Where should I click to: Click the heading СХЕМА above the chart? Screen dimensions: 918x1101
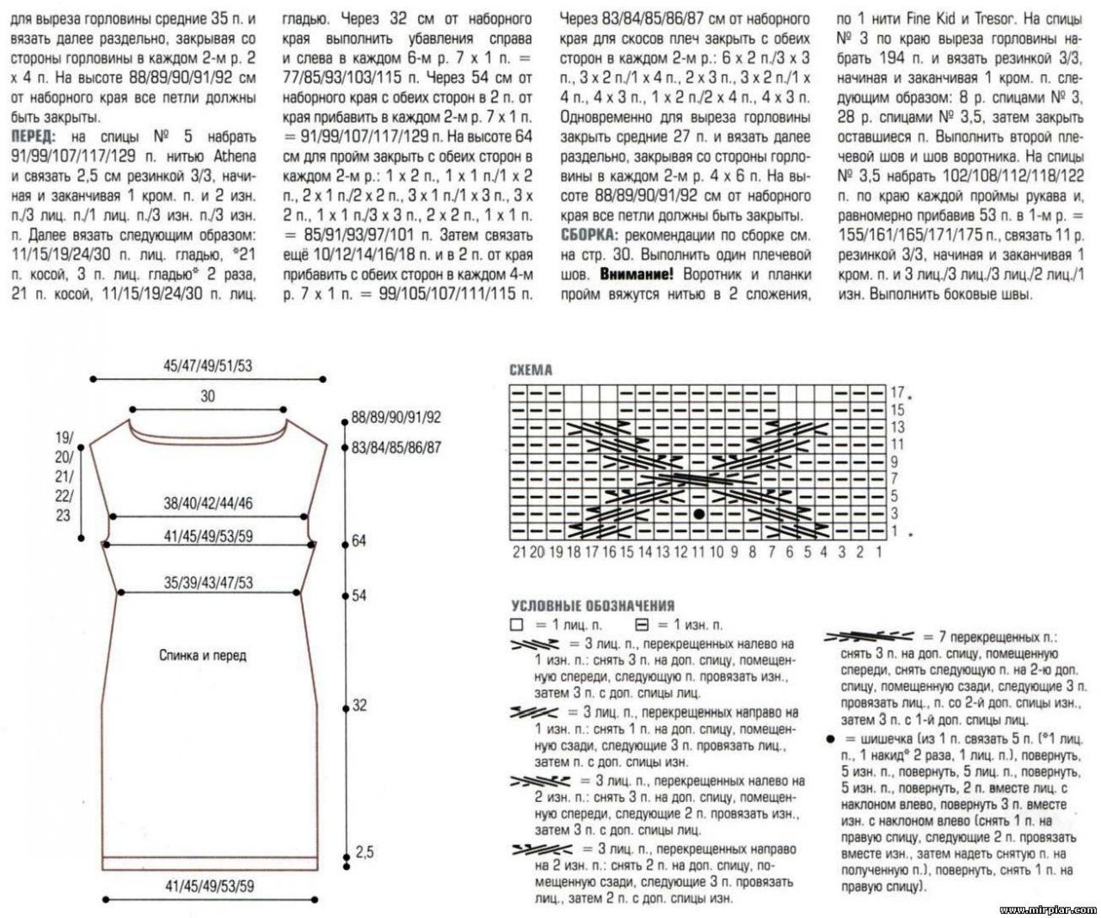tap(531, 370)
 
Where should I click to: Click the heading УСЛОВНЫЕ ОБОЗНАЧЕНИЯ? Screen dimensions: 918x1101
tap(593, 606)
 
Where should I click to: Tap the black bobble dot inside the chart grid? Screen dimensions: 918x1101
tap(698, 514)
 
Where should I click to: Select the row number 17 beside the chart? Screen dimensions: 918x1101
tap(897, 393)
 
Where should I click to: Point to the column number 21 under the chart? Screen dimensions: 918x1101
tap(519, 552)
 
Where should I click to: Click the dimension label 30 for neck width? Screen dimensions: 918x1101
tap(207, 396)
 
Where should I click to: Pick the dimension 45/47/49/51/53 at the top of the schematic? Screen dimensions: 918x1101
tap(207, 365)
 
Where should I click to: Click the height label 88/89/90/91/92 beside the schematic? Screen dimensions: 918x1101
tap(396, 418)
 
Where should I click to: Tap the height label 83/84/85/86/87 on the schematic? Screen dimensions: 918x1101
tap(396, 447)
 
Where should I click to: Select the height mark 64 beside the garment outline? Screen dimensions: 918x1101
tap(359, 541)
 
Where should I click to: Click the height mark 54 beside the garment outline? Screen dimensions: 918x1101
tap(359, 595)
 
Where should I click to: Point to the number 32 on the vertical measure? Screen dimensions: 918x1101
tap(359, 705)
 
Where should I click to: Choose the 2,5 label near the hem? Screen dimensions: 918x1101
tap(365, 852)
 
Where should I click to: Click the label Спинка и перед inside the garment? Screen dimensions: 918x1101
tap(203, 656)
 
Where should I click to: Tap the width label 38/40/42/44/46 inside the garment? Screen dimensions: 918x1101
tap(208, 504)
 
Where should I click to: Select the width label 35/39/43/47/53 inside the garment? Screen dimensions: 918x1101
tap(208, 582)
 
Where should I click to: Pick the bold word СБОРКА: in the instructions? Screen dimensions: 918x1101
tap(588, 235)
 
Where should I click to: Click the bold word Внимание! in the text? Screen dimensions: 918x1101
tap(638, 274)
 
